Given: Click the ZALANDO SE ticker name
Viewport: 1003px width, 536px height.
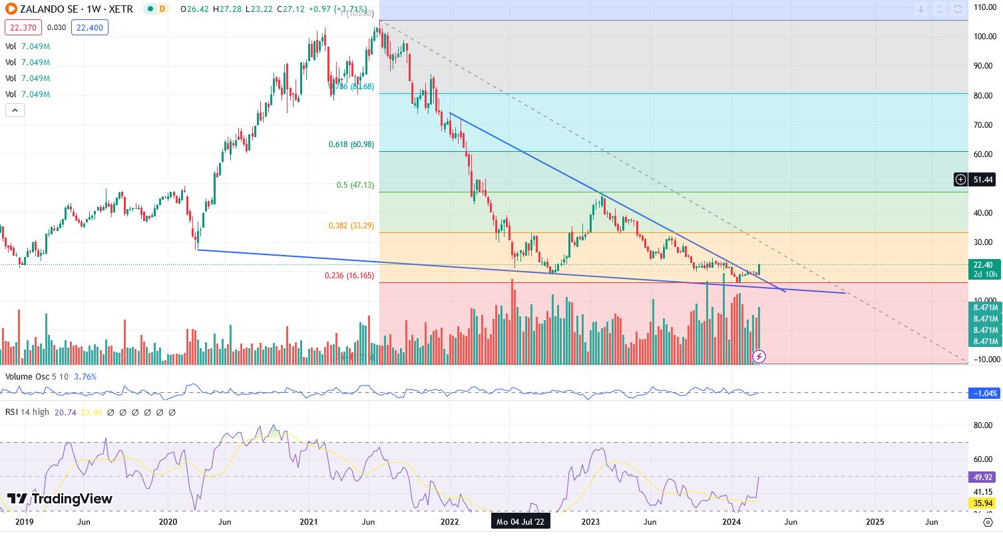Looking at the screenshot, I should (x=47, y=9).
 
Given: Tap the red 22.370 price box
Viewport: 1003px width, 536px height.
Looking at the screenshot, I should (x=23, y=27).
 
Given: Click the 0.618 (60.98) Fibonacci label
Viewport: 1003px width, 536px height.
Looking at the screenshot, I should (x=351, y=144).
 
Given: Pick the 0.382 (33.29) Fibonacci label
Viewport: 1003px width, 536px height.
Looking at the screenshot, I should (x=351, y=226).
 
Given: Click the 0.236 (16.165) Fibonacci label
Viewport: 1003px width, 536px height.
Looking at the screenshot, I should (x=348, y=276).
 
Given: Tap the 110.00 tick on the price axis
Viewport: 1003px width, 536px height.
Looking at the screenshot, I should (x=985, y=7).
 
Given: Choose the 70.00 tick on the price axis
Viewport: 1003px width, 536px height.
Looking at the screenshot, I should (x=983, y=125).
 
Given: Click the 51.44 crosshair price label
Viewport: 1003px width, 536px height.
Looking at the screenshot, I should (x=982, y=179).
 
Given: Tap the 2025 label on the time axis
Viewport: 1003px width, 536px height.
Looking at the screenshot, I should (x=875, y=522).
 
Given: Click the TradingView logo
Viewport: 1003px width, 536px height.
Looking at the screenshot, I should (x=60, y=499).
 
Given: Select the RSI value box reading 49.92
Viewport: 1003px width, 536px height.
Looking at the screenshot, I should (x=983, y=477).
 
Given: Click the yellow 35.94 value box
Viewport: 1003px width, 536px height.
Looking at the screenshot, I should (x=983, y=503).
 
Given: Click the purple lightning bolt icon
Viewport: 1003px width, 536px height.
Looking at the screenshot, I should (x=759, y=356).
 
